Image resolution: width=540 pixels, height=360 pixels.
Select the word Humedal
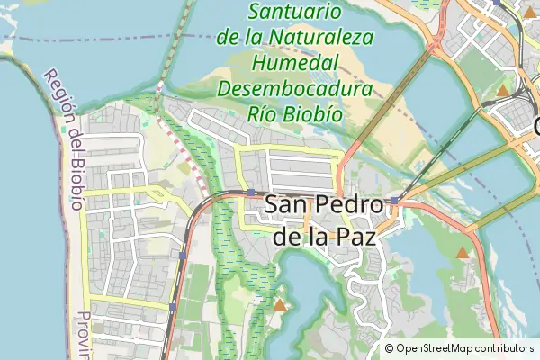[295, 65]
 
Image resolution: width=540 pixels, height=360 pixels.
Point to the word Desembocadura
[295, 91]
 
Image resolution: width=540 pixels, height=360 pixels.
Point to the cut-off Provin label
[84, 334]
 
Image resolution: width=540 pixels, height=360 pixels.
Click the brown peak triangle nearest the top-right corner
[502, 91]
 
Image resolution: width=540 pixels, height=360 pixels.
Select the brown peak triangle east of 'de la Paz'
[463, 253]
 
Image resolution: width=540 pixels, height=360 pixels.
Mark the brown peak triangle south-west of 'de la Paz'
[281, 305]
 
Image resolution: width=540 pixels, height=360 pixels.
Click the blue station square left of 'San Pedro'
[250, 193]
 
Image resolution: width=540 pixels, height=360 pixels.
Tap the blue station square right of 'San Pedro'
[394, 200]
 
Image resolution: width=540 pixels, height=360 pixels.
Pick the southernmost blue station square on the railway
[173, 307]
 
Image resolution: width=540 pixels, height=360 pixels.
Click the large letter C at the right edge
[535, 126]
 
